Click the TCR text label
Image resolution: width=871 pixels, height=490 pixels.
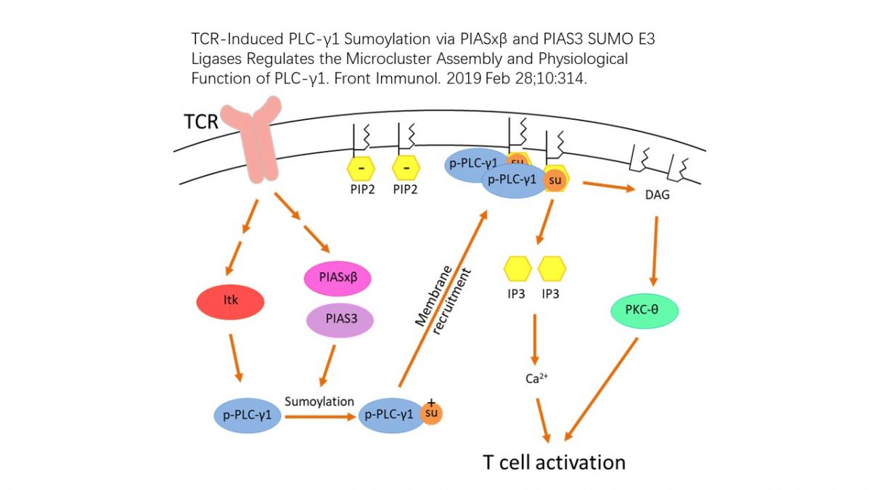(x=201, y=121)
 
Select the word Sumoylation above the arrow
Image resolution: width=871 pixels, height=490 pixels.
(x=319, y=401)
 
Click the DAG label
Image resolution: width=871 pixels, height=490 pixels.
(x=657, y=195)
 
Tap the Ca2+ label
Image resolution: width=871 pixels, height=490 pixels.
(x=536, y=378)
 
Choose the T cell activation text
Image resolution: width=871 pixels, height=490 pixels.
(x=554, y=462)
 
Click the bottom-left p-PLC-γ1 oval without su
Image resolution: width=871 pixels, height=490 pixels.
(x=247, y=415)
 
